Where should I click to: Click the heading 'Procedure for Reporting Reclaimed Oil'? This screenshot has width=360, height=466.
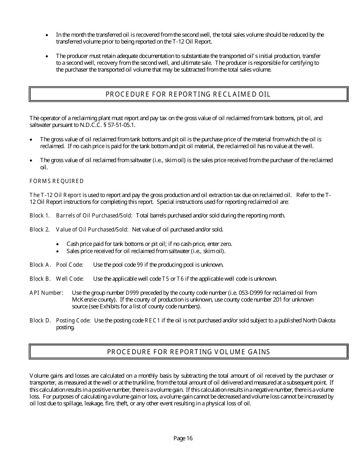point(188,94)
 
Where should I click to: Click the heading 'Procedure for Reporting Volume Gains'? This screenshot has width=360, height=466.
point(188,352)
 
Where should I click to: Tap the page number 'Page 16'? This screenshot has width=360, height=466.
point(183,438)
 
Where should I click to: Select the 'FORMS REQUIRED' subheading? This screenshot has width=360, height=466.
point(56,181)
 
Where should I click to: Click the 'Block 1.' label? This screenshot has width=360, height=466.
point(39,216)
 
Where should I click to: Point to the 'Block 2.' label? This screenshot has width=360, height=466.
point(39,230)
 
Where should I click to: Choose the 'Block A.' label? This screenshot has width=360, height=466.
point(40,265)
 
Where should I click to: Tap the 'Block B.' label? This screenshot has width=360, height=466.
point(40,279)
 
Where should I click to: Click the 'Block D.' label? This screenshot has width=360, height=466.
point(40,321)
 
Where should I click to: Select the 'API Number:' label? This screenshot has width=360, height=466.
point(46,293)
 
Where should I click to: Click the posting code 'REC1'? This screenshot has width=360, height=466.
point(152,321)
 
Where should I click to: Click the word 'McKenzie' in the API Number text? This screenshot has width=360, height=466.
point(82,300)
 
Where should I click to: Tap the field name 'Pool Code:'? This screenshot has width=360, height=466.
point(69,265)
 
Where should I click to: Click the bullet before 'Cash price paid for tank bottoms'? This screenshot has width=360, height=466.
point(57,244)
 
